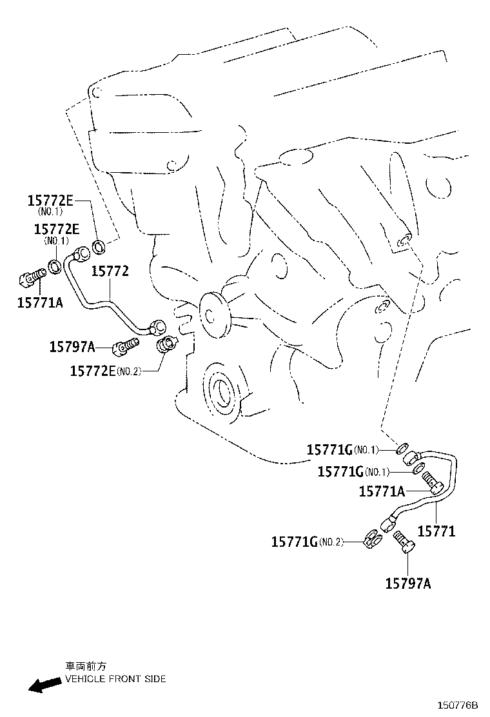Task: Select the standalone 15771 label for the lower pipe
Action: coord(436,531)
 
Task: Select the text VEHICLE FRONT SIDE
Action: coord(115,679)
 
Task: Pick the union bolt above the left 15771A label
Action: coord(31,278)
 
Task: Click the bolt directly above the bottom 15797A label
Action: coord(405,542)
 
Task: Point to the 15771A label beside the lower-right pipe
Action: coord(382,492)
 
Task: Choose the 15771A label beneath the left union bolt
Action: coord(40,301)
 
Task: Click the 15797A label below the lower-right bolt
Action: coord(408,584)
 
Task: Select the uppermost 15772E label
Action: coord(50,200)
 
